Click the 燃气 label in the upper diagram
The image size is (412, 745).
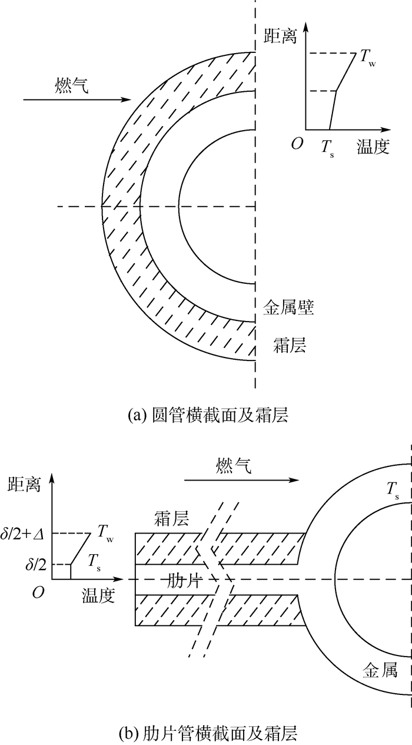coord(71,85)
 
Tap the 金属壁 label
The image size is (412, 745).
coord(288,307)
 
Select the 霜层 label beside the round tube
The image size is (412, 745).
coord(289,345)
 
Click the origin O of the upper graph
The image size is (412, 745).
coord(297,144)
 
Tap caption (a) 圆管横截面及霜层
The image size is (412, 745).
coord(208,415)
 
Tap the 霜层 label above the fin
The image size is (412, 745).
coord(171,518)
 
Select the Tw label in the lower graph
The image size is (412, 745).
coord(105,532)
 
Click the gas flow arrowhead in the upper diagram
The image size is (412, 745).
coord(128,100)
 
